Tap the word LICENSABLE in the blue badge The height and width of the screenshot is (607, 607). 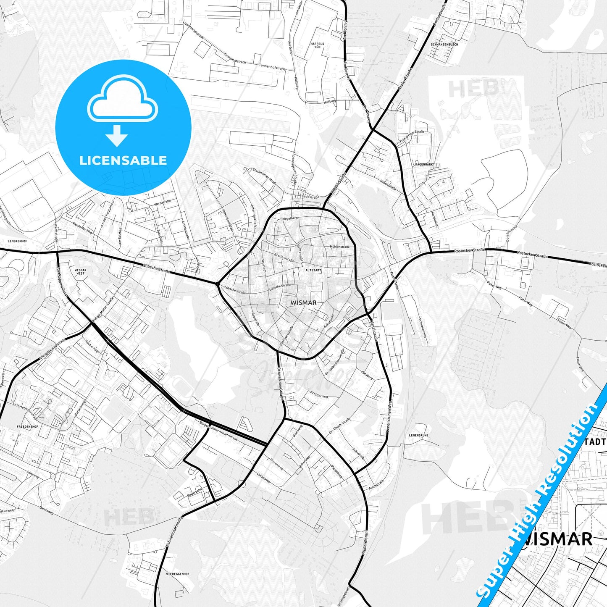(123, 160)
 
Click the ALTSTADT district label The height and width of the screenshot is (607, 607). (313, 271)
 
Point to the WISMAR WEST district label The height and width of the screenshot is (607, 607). (80, 272)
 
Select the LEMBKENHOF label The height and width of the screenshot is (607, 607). (17, 241)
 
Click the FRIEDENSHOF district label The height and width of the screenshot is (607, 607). (27, 426)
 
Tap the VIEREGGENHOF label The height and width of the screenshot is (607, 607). (178, 574)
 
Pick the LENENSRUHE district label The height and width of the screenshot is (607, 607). (418, 435)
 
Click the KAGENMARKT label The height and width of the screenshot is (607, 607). (425, 165)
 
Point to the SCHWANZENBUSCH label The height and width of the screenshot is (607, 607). (444, 44)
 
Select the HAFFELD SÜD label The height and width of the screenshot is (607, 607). (318, 45)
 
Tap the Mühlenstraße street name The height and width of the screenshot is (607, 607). (339, 247)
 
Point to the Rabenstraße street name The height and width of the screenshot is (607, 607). (388, 185)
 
